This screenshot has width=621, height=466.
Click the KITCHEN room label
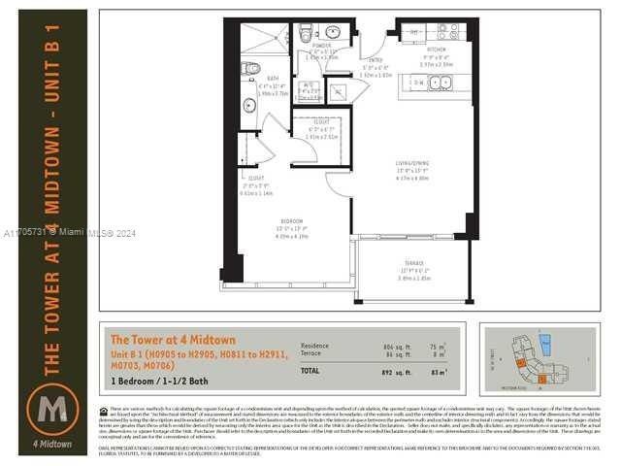(x=437, y=48)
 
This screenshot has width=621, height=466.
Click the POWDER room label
(x=322, y=45)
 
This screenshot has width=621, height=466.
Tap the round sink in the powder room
(x=332, y=31)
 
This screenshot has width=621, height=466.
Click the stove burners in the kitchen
(x=447, y=31)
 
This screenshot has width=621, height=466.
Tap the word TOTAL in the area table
(x=310, y=371)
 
